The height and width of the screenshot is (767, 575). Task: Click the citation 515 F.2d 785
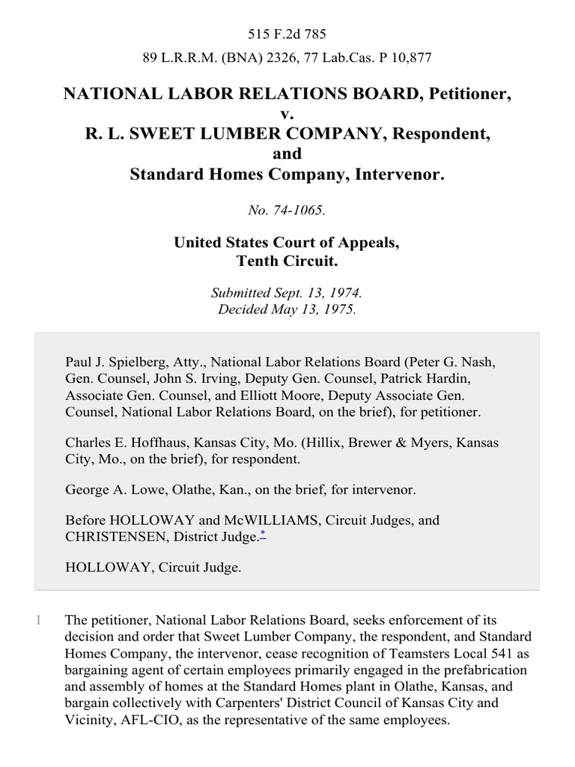[287, 34]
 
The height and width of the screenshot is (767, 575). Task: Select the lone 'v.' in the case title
[287, 114]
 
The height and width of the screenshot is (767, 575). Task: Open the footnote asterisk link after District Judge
[262, 533]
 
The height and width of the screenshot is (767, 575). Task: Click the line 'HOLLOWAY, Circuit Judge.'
[153, 568]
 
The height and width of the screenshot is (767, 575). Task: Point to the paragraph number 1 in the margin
[40, 620]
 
